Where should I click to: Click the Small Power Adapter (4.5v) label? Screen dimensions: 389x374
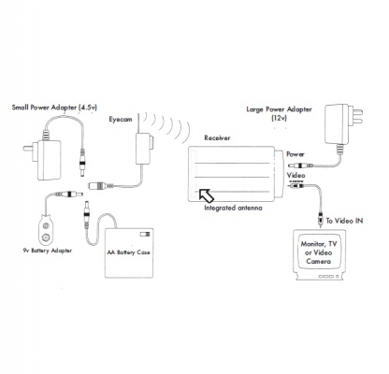(x=54, y=108)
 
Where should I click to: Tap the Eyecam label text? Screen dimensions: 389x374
(x=121, y=120)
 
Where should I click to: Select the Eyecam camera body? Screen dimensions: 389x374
(x=143, y=149)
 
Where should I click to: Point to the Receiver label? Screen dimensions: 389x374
(x=217, y=137)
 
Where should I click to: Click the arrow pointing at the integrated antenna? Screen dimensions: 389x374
(x=206, y=195)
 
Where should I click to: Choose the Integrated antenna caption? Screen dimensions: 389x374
(x=233, y=208)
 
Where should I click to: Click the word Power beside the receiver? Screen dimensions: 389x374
(x=295, y=154)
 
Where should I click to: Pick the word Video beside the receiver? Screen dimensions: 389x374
(x=295, y=175)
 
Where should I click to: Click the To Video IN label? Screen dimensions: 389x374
(x=344, y=221)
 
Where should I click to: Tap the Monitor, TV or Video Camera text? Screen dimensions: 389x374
(x=319, y=252)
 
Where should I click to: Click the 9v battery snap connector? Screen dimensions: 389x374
(x=46, y=230)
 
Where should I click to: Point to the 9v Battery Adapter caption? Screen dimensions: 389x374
(x=48, y=251)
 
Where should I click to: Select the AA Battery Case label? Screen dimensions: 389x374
(x=128, y=252)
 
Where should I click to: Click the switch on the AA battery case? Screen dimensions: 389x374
(x=145, y=234)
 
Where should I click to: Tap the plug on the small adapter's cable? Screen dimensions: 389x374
(x=82, y=163)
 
